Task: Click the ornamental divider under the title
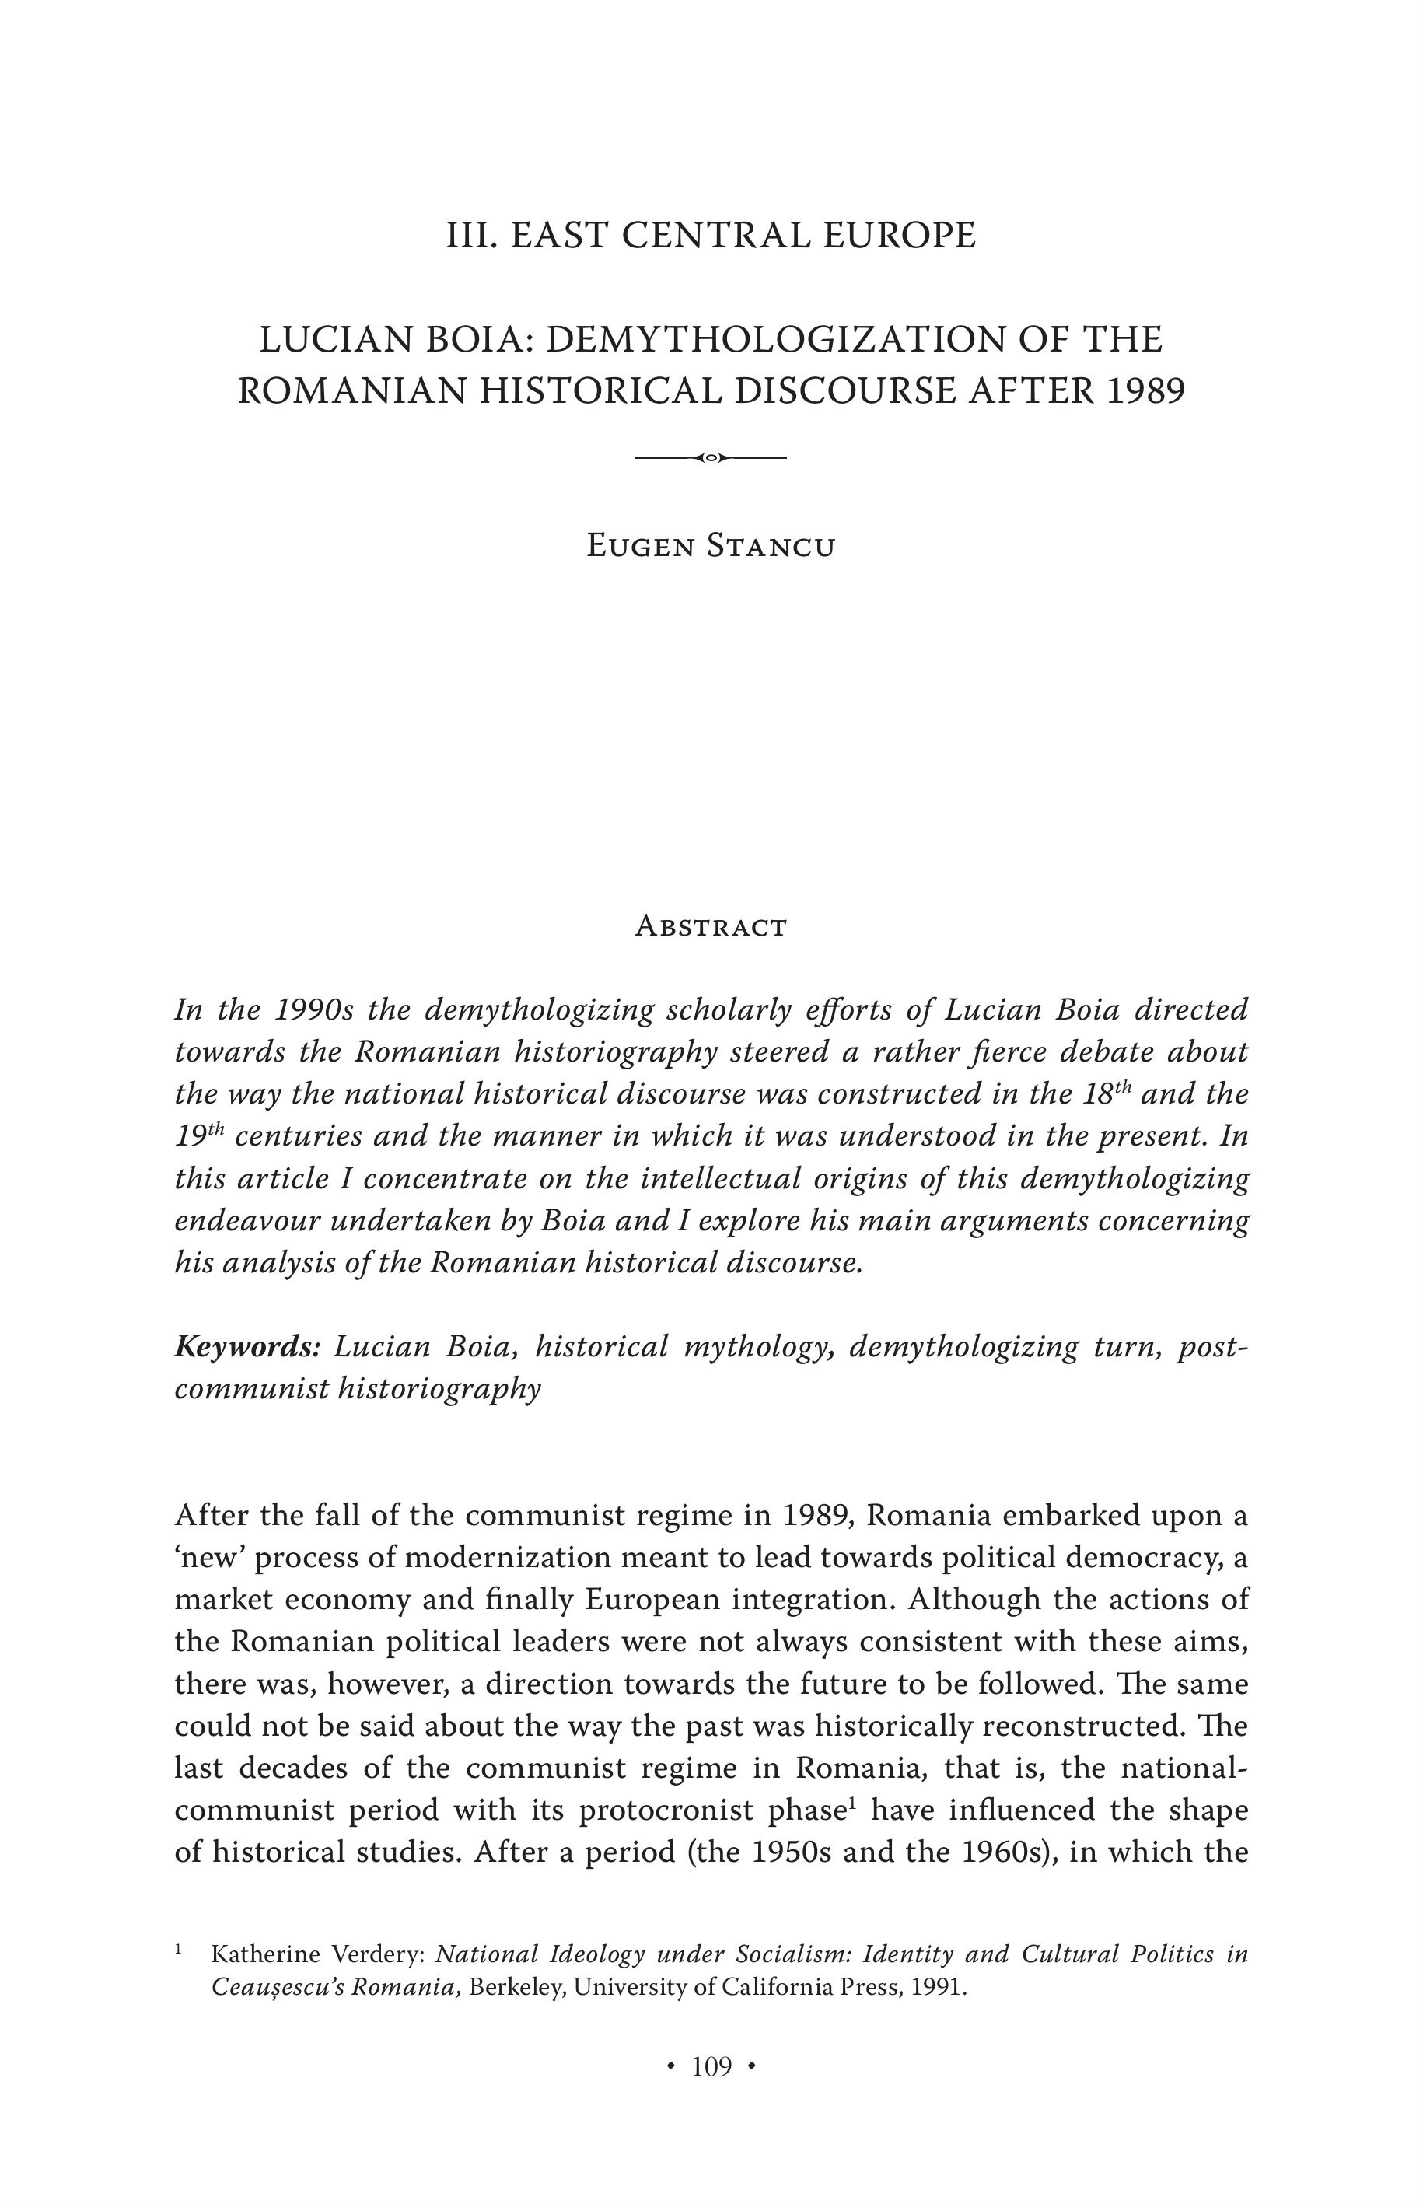coord(711,457)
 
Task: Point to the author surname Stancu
coord(771,546)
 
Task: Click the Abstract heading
coord(711,927)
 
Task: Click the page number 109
coord(711,2066)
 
